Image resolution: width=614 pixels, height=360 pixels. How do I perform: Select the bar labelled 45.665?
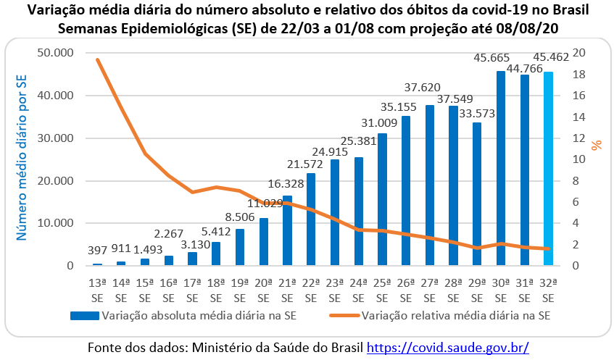coord(501,168)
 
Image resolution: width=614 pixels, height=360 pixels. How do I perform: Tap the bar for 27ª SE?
coord(430,185)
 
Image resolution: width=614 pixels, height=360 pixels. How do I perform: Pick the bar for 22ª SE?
coord(311,219)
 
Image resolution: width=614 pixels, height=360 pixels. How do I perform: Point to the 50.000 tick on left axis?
coord(54,53)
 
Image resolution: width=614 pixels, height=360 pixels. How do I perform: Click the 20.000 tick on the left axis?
coord(54,180)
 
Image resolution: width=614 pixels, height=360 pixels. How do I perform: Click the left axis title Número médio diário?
coord(22,159)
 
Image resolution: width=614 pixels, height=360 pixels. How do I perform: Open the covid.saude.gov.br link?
coord(448,347)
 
